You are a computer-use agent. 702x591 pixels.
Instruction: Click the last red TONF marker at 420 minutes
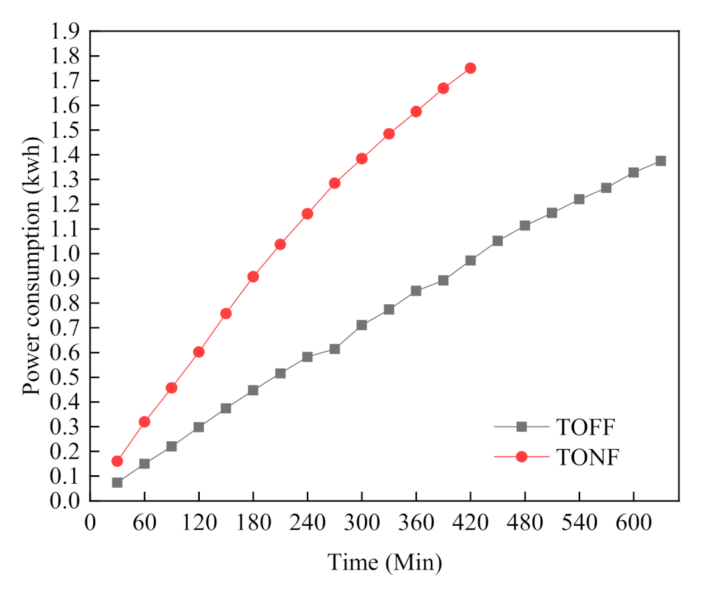click(470, 68)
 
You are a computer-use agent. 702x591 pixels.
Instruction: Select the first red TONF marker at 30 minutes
click(117, 461)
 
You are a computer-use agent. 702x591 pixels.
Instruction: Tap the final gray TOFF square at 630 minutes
click(661, 161)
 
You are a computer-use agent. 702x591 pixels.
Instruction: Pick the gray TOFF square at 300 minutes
click(362, 325)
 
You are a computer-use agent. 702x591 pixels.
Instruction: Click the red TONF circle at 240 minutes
click(307, 214)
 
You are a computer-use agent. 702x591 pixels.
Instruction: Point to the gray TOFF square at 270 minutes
click(334, 349)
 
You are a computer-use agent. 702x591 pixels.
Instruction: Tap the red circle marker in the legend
click(522, 457)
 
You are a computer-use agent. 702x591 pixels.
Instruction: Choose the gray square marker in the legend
click(522, 425)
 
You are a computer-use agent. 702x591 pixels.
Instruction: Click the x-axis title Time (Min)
click(384, 562)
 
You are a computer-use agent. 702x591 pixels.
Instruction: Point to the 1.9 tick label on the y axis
click(65, 31)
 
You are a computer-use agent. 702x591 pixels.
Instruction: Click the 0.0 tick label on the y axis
click(65, 501)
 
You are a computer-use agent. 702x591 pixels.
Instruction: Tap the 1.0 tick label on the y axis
click(65, 254)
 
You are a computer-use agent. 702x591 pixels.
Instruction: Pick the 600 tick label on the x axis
click(633, 522)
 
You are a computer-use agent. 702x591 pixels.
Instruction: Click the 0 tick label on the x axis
click(90, 522)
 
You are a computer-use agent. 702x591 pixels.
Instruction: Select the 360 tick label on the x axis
click(416, 522)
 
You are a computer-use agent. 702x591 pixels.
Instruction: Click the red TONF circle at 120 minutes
click(198, 352)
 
